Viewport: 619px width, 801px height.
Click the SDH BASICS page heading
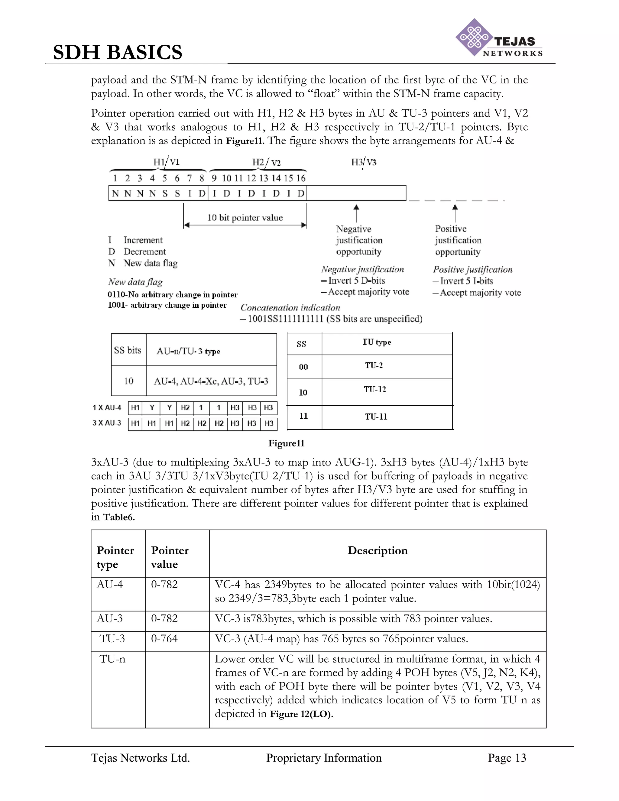pyautogui.click(x=117, y=52)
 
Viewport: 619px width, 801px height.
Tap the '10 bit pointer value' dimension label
pyautogui.click(x=245, y=218)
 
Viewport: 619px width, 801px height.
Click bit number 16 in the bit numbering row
pyautogui.click(x=301, y=178)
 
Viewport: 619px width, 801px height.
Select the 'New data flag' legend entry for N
pyautogui.click(x=150, y=263)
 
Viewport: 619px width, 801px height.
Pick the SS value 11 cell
pyautogui.click(x=303, y=416)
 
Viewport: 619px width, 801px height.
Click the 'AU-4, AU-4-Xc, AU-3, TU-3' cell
pyautogui.click(x=211, y=381)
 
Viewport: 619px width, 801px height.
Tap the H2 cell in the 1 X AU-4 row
pyautogui.click(x=185, y=408)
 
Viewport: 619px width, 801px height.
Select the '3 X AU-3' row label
pyautogui.click(x=107, y=423)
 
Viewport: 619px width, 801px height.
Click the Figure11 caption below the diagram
pyautogui.click(x=287, y=443)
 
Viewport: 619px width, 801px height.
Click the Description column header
pyautogui.click(x=377, y=550)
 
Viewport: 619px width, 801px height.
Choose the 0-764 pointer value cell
pyautogui.click(x=164, y=638)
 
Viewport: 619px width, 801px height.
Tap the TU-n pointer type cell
pyautogui.click(x=112, y=659)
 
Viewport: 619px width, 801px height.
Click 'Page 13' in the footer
pyautogui.click(x=507, y=758)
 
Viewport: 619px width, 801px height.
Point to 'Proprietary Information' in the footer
pyautogui.click(x=324, y=758)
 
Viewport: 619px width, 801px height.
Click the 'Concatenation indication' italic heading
pyautogui.click(x=290, y=308)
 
